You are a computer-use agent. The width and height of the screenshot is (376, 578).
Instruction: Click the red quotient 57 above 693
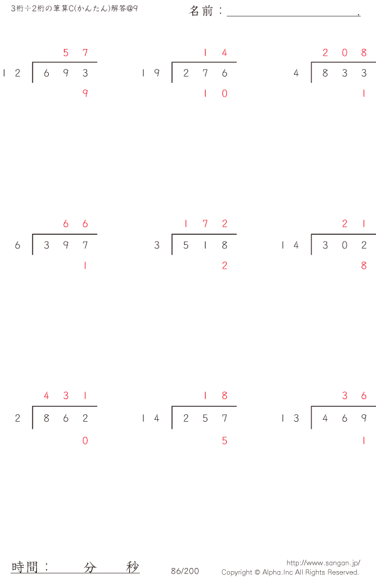click(75, 53)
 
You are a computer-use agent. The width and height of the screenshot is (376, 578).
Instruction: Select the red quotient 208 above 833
click(345, 53)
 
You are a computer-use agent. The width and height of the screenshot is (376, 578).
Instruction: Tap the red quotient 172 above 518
click(205, 223)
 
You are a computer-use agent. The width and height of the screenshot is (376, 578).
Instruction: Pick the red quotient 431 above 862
click(66, 395)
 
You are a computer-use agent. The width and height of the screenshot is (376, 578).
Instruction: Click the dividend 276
click(205, 73)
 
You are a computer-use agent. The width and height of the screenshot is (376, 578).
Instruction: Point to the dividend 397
click(66, 245)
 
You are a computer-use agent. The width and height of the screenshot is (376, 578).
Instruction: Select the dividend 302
click(345, 245)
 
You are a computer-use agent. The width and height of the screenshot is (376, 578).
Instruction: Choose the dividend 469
click(345, 418)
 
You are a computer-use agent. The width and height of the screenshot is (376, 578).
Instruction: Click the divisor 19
click(151, 73)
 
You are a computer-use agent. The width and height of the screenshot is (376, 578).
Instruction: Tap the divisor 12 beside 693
click(12, 73)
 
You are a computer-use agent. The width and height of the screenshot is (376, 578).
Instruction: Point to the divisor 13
click(290, 418)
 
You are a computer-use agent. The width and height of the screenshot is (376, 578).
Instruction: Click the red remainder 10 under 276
click(215, 94)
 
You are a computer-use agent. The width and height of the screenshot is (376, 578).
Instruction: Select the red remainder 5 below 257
click(224, 441)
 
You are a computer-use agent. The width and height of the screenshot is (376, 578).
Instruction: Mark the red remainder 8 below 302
click(364, 265)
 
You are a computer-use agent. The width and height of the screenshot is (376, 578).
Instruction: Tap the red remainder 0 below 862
click(85, 441)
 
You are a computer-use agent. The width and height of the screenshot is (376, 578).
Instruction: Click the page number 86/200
click(185, 571)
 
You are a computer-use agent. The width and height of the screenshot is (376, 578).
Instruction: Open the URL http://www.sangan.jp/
click(323, 563)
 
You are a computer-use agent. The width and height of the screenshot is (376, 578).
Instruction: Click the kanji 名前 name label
click(201, 11)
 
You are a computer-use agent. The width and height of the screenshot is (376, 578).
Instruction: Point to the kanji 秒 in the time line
click(132, 567)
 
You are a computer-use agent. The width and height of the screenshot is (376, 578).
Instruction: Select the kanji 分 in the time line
click(90, 567)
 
